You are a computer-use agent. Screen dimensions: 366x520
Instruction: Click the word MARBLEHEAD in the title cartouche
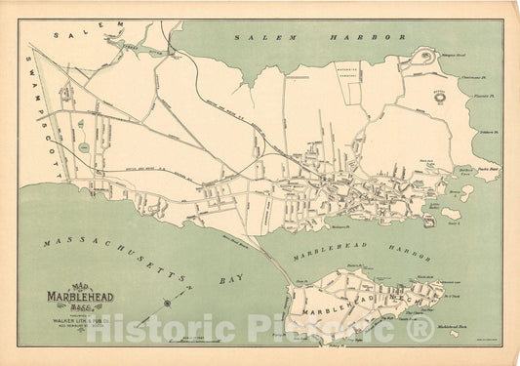81,297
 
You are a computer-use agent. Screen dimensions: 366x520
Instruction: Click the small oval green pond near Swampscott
84,145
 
